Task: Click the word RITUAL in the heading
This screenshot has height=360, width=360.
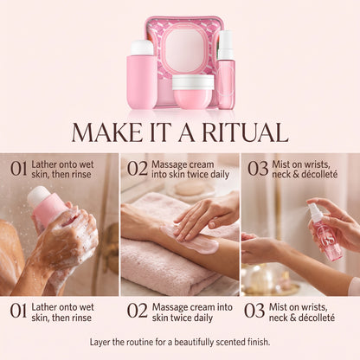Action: coord(245,132)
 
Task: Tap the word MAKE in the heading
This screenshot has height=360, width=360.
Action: coord(106,132)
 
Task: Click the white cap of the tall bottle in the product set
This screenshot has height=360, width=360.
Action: coord(142,48)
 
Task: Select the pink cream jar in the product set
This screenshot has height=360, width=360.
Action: coord(193,92)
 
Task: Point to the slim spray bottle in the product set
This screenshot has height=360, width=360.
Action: coord(226,70)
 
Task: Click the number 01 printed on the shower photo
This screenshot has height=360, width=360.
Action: coord(19,169)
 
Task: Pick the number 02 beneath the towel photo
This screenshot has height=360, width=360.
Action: coord(138,311)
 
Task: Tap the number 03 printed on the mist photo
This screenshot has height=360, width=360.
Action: coord(258,169)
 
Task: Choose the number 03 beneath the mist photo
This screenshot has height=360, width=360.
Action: coord(254,311)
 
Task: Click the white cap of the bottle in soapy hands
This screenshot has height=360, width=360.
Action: coord(38,196)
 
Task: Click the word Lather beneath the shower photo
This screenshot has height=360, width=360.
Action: coord(45,307)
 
